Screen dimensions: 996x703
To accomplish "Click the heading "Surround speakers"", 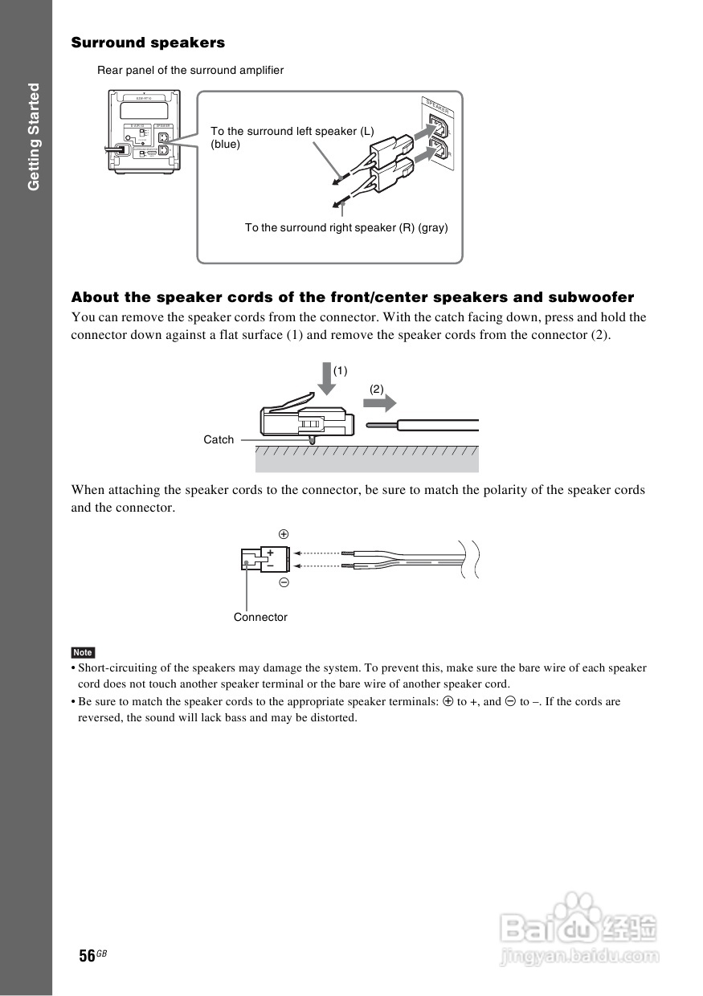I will tap(148, 43).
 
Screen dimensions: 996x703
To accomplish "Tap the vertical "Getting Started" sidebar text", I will tap(33, 137).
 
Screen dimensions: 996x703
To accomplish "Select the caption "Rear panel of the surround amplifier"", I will tap(190, 71).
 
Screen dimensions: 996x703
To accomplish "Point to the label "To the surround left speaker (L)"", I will tap(292, 131).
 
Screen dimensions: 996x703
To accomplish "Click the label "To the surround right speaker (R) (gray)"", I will tap(346, 228).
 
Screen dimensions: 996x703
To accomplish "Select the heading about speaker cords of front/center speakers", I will tap(352, 297).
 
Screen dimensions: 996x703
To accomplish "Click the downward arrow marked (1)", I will tap(325, 378).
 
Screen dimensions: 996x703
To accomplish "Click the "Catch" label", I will tap(219, 439).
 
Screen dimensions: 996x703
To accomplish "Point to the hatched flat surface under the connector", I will tap(366, 459).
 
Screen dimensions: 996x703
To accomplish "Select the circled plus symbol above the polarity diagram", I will tap(284, 534).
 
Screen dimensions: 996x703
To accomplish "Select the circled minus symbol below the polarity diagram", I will tap(284, 583).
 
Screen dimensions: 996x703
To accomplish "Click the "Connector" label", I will tap(260, 617).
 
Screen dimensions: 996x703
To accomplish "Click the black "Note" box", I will tap(83, 652).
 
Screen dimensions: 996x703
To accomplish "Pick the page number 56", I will tap(88, 955).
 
